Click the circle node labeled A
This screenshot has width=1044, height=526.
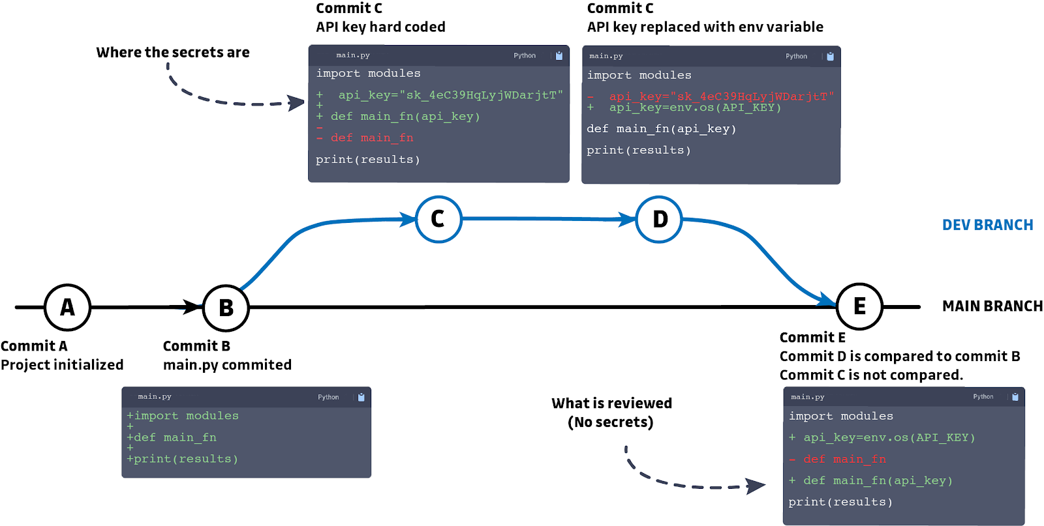pyautogui.click(x=67, y=307)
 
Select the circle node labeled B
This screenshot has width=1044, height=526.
pyautogui.click(x=226, y=308)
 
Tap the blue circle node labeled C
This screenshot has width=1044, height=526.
pyautogui.click(x=438, y=219)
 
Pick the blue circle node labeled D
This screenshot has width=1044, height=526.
pyautogui.click(x=659, y=219)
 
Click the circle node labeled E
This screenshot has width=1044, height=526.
pyautogui.click(x=859, y=306)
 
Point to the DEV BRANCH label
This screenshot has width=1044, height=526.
pyautogui.click(x=987, y=225)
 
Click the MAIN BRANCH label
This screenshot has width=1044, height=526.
pyautogui.click(x=992, y=306)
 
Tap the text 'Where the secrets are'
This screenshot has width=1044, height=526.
pyautogui.click(x=172, y=52)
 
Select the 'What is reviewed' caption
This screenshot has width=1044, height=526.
pyautogui.click(x=611, y=403)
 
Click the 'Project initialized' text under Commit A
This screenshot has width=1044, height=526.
pyautogui.click(x=62, y=364)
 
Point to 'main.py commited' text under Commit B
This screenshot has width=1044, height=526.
pyautogui.click(x=227, y=364)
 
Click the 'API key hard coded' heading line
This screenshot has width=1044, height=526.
pyautogui.click(x=380, y=27)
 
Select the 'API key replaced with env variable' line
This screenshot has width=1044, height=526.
pyautogui.click(x=705, y=27)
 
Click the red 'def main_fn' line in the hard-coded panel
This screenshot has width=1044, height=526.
pyautogui.click(x=371, y=138)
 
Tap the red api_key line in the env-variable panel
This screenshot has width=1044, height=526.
pyautogui.click(x=721, y=96)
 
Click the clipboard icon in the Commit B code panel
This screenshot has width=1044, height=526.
pyautogui.click(x=361, y=397)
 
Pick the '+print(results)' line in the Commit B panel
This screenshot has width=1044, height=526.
pyautogui.click(x=183, y=459)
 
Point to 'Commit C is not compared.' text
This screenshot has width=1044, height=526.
pyautogui.click(x=871, y=375)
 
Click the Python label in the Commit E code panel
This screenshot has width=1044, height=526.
pyautogui.click(x=983, y=396)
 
